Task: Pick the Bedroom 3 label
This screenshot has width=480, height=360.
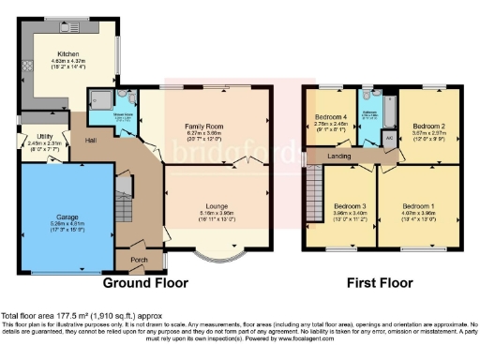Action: point(350,204)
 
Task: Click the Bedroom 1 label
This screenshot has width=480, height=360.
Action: point(418,204)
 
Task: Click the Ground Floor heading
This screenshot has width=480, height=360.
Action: point(145,281)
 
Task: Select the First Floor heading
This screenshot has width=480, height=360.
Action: point(382,281)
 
